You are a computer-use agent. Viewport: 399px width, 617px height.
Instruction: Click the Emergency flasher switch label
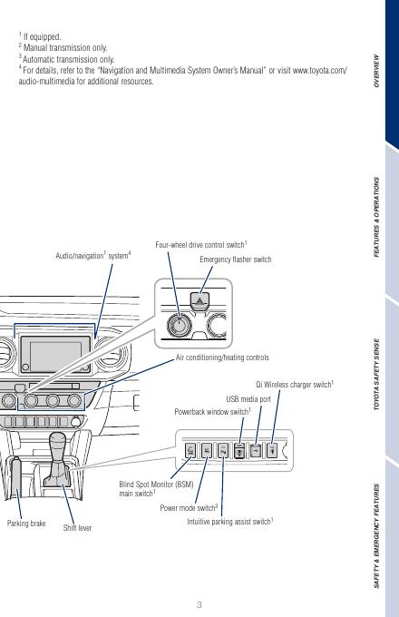click(236, 260)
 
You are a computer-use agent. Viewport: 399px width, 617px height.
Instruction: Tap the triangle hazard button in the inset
click(199, 300)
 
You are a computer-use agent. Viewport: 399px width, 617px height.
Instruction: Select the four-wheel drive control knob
click(179, 326)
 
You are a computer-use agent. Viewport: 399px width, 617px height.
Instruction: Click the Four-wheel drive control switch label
click(201, 245)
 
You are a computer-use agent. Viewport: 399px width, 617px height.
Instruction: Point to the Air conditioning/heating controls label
click(222, 357)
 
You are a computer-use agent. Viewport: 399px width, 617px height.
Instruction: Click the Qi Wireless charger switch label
click(295, 385)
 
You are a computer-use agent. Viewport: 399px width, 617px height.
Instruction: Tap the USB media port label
click(248, 399)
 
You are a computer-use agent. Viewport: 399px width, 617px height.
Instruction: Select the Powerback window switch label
click(213, 412)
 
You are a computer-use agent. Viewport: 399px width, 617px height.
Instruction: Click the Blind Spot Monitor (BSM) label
click(156, 485)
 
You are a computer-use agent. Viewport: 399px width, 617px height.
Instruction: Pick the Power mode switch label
click(189, 508)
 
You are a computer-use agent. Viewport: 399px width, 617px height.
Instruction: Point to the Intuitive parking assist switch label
click(230, 522)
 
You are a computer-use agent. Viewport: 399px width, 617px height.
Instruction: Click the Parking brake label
click(26, 524)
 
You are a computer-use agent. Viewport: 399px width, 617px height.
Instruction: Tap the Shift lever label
click(77, 528)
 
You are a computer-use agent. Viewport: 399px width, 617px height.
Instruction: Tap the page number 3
click(199, 605)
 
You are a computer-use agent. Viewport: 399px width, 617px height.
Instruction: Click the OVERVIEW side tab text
click(376, 71)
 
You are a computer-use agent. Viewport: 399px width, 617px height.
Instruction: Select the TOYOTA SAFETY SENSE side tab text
click(376, 375)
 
